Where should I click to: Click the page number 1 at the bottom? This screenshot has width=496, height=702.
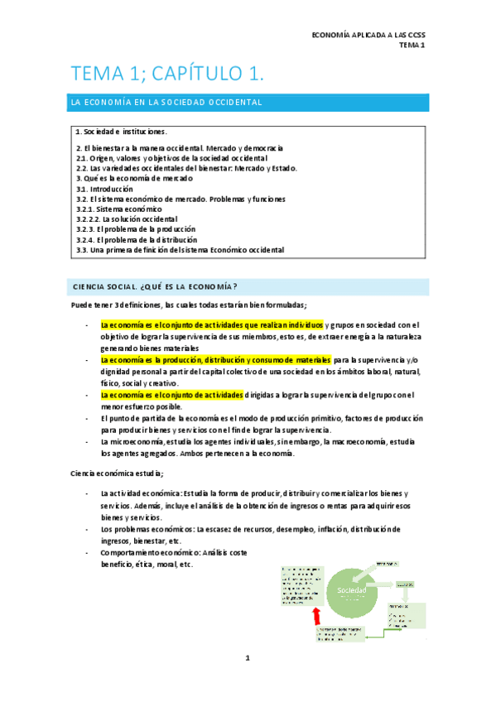(x=248, y=658)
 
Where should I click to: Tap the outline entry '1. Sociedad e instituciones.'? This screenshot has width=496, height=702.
(x=121, y=131)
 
